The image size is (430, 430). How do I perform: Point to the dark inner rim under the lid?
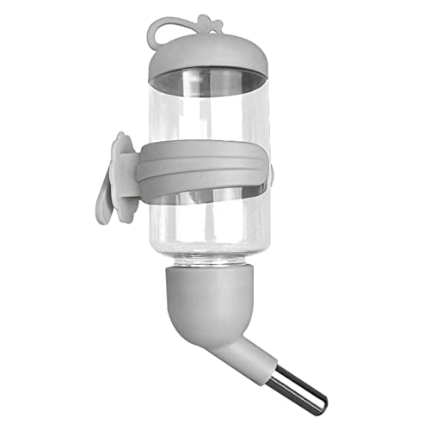206,83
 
